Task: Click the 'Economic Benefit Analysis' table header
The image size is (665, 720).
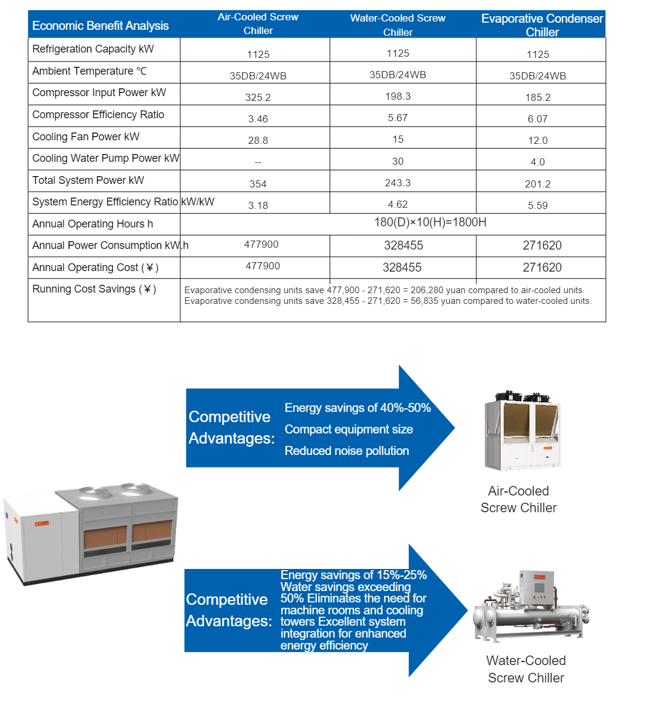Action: pos(100,26)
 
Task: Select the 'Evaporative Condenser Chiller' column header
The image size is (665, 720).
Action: pos(542,25)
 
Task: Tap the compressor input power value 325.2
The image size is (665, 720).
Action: pos(258,97)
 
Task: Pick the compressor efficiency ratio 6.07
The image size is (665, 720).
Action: pos(537,119)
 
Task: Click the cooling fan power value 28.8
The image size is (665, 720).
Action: pos(258,140)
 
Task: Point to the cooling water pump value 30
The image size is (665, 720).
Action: pos(398,161)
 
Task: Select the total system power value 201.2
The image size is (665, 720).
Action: pos(537,184)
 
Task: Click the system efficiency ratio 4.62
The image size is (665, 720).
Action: pos(398,204)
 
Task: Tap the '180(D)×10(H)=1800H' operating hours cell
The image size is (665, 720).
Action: pos(430,222)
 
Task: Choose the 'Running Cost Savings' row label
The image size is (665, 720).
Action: pos(94,289)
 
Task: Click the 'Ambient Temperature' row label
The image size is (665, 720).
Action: pos(90,71)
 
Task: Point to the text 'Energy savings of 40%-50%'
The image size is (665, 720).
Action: pos(358,408)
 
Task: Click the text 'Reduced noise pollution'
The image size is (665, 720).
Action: pos(347,451)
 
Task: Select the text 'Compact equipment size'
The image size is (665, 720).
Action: pos(349,429)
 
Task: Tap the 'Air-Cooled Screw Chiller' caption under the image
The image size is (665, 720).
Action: pos(518,499)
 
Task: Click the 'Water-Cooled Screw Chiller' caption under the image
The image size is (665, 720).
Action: pos(526,669)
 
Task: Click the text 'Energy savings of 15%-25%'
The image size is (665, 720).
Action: pos(353,575)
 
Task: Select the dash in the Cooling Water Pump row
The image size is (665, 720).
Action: pos(258,162)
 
